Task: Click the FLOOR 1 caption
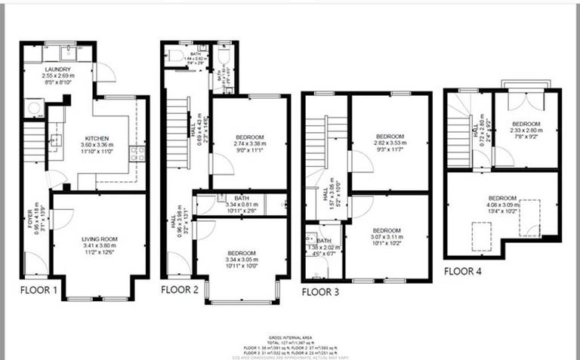[37, 288]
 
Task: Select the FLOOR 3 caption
[319, 290]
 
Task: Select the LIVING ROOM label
[100, 239]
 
